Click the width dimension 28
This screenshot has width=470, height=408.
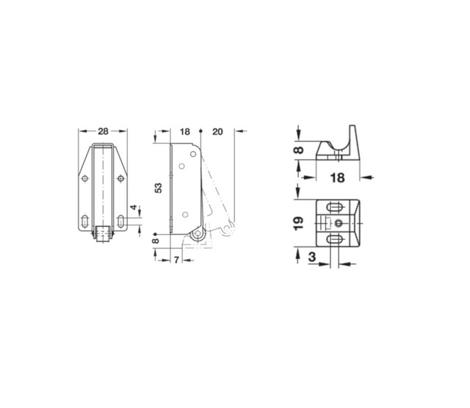point(103,131)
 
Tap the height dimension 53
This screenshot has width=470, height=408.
point(159,188)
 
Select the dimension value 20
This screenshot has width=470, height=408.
point(217,131)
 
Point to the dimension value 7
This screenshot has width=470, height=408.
point(176,260)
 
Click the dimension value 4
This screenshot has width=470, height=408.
point(134,207)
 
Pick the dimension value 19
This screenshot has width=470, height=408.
point(299,223)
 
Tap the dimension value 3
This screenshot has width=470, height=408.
point(312,257)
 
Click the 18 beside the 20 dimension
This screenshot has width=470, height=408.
point(185,131)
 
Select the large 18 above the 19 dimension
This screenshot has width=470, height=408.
point(337,178)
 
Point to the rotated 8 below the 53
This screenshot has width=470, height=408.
point(155,241)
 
